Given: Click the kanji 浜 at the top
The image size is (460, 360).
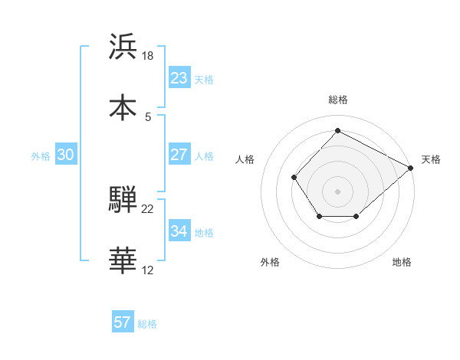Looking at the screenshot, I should click(123, 47).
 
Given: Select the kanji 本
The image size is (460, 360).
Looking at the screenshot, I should click(123, 108).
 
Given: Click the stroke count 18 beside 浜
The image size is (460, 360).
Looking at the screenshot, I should click(149, 56).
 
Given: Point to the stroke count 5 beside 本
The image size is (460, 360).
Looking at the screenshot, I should click(148, 117).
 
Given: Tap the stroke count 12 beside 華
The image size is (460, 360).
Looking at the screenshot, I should click(148, 270).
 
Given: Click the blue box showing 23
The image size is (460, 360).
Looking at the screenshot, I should click(179, 78).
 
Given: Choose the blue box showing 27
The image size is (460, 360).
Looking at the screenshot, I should click(179, 155).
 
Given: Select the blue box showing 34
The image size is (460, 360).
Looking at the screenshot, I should click(179, 231).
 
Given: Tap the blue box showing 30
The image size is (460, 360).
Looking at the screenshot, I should click(66, 155).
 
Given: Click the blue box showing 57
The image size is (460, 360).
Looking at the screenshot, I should click(123, 322).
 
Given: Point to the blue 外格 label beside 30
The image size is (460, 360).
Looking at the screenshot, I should click(41, 155).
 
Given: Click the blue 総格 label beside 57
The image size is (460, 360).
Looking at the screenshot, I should click(147, 324).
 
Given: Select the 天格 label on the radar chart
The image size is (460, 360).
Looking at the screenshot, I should click(431, 159).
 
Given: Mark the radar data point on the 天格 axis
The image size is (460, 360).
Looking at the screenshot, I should click(411, 168).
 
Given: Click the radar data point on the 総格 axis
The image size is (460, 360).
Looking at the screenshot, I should click(337, 130).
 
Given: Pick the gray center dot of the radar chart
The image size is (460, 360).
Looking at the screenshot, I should click(337, 191).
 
